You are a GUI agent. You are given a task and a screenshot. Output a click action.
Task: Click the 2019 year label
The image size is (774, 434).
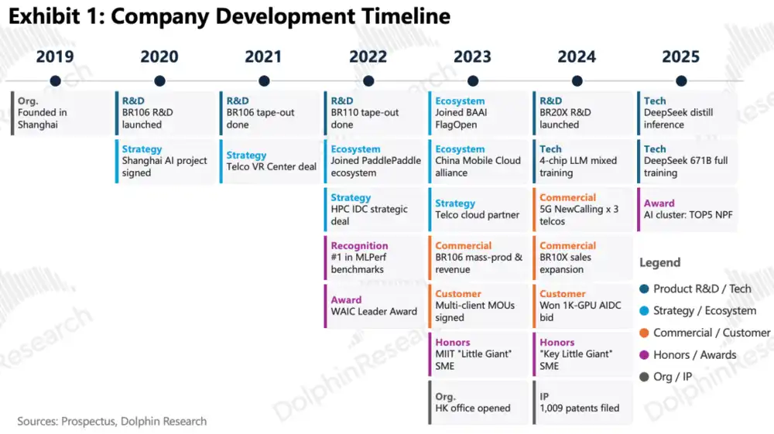[55, 56]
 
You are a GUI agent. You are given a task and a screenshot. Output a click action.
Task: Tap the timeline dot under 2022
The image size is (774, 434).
[368, 81]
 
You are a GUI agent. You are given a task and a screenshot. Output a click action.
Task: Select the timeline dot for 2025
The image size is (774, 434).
[681, 81]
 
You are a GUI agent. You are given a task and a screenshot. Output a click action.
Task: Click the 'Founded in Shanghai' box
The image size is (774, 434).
[61, 113]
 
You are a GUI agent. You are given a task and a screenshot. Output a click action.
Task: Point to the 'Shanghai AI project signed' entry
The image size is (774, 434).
[166, 161]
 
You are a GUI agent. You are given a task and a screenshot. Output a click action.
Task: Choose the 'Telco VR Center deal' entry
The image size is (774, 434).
[270, 161]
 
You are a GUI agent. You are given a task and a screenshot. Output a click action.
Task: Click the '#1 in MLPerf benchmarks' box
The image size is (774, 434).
[374, 258]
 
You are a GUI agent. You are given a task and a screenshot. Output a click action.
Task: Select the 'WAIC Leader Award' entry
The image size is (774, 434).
[374, 306]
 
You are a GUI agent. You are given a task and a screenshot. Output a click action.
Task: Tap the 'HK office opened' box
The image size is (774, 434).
[479, 402]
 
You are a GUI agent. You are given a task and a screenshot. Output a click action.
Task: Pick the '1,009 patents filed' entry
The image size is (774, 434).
[583, 402]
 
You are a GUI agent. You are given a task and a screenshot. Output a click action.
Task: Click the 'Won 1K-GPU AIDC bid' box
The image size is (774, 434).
[583, 306]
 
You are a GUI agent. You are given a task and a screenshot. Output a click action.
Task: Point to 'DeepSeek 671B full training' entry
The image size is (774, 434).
[687, 161]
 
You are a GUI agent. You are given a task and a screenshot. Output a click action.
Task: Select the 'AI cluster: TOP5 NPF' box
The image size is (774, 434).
[687, 210]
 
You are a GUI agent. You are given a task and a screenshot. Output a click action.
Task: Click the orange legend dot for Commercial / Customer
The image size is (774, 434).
[644, 333]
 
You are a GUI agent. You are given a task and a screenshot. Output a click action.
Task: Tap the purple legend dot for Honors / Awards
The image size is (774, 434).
[644, 355]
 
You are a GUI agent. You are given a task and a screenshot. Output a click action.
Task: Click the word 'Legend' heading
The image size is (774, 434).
[660, 263]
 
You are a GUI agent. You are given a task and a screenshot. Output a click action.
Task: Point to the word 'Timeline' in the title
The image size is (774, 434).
[406, 16]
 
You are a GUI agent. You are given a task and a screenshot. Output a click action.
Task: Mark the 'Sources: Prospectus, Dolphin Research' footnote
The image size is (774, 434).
[112, 421]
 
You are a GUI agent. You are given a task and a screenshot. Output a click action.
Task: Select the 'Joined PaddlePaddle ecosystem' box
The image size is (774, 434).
[374, 161]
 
